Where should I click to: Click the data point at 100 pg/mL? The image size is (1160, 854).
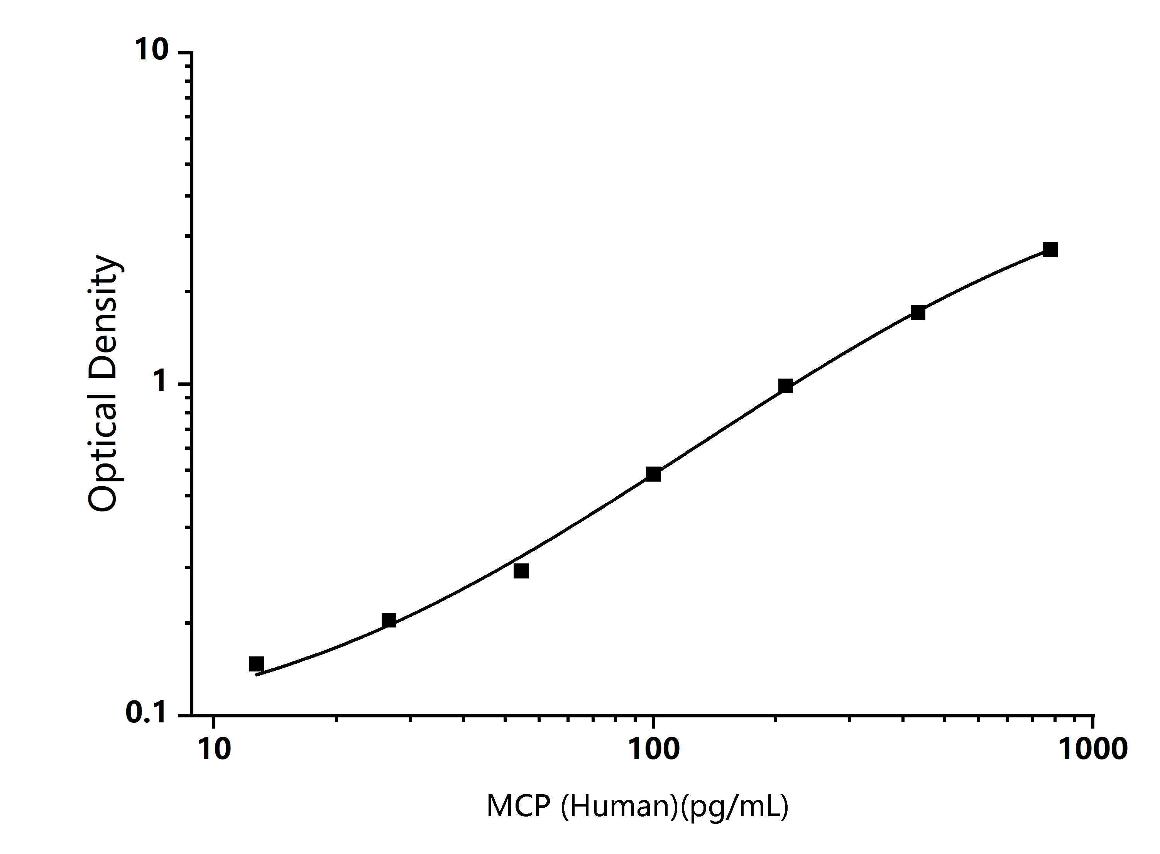click(653, 474)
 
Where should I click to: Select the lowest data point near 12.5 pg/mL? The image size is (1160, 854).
click(256, 664)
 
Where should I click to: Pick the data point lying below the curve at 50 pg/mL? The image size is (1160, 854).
click(521, 571)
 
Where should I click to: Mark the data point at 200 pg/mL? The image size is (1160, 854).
click(786, 386)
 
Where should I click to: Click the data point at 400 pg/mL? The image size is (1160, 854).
click(918, 312)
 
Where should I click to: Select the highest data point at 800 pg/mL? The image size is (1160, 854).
click(1050, 250)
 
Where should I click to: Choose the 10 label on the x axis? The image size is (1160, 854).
click(214, 749)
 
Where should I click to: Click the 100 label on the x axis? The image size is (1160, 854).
click(653, 749)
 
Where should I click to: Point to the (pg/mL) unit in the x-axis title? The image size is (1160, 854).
click(734, 807)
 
